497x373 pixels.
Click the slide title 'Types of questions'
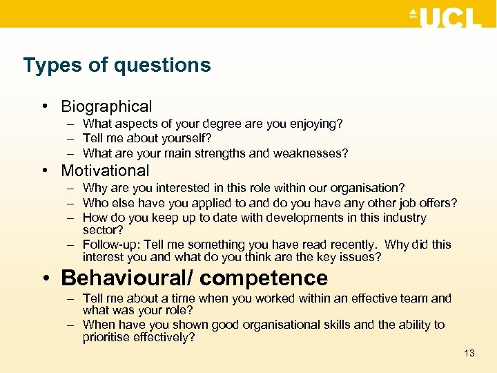tap(117, 66)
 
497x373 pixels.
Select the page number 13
tap(469, 353)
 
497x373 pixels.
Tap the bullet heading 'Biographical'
tap(106, 106)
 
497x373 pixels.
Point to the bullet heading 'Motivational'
tap(105, 171)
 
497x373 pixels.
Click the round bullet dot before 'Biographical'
tap(43, 107)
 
